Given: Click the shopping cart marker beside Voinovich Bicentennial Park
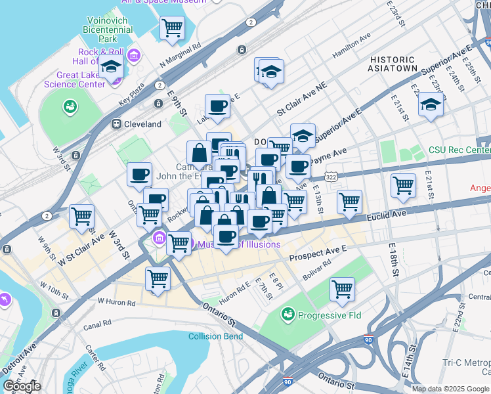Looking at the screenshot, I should pos(172,28).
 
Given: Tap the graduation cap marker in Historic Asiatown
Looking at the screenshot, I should pos(431,104).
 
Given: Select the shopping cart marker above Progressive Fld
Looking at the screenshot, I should pos(342,289).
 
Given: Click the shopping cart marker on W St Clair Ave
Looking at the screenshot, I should pos(81,215).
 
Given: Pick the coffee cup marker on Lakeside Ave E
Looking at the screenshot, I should pos(217,106).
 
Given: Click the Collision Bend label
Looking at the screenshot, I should pos(215,337).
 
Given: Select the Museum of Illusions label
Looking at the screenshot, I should pos(239,245).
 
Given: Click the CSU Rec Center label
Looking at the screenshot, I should pos(459,150).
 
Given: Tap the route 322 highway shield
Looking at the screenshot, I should pos(332,177).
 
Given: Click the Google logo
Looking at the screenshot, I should pos(22,386).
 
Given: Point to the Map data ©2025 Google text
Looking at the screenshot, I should pos(450,389).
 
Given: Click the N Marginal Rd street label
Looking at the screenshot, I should pos(181,55).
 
